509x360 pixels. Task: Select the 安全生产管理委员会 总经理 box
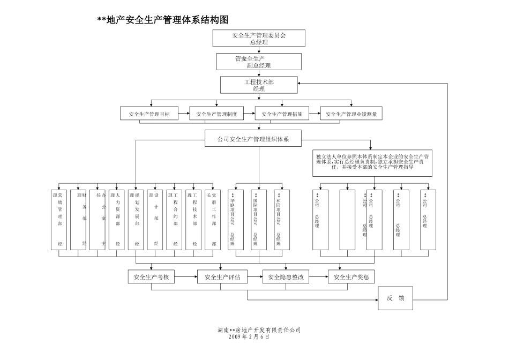click(x=259, y=38)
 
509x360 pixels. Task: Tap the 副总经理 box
click(x=259, y=62)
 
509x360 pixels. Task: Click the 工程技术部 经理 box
click(x=259, y=85)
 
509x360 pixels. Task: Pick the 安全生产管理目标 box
click(x=153, y=114)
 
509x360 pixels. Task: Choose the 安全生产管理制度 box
click(x=220, y=114)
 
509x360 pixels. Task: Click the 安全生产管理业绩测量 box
click(x=351, y=114)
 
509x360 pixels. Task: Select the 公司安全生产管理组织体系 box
click(x=253, y=139)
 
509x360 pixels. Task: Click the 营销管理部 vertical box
click(x=60, y=220)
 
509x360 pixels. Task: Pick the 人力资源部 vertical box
click(x=117, y=220)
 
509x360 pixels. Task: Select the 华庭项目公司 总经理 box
click(x=233, y=220)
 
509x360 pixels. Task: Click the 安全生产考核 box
click(x=152, y=277)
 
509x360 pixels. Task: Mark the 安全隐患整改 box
click(x=286, y=277)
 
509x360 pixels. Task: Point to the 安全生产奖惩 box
click(x=351, y=277)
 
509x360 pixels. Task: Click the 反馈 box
click(x=395, y=298)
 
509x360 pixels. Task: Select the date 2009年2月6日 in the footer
click(x=249, y=337)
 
